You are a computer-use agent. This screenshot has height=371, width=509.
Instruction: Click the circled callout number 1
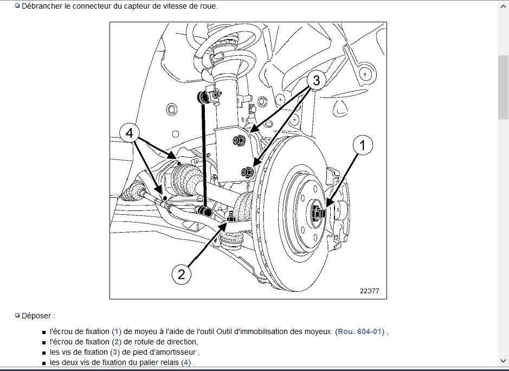(x=363, y=145)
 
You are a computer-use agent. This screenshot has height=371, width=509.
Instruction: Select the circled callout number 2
(x=182, y=273)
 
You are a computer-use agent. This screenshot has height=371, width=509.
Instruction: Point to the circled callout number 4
(x=129, y=133)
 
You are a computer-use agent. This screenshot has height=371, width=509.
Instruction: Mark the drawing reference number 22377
(x=370, y=291)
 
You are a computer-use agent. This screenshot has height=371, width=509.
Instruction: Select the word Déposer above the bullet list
(x=37, y=316)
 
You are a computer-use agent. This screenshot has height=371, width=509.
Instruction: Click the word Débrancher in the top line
(x=42, y=6)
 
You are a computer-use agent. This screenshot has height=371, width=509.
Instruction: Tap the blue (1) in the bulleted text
(x=117, y=331)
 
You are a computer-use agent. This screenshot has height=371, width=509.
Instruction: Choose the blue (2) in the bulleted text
(x=117, y=342)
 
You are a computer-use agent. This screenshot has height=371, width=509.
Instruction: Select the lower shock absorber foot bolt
(x=246, y=173)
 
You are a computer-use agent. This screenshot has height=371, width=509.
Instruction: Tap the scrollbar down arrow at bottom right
(x=503, y=361)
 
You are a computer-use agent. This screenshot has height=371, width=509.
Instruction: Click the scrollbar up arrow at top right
(x=503, y=4)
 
